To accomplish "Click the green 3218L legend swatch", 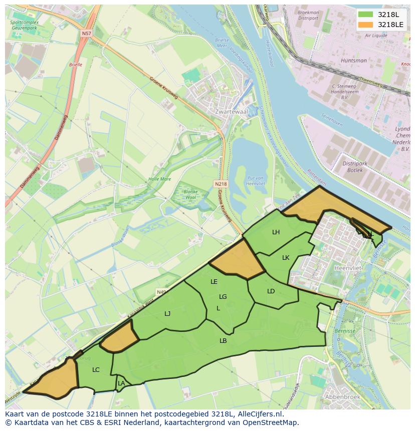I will tap(366, 15).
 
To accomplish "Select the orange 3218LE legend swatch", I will tap(366, 25).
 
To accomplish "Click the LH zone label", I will tap(276, 232).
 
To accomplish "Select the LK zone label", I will tap(286, 258).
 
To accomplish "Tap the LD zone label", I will tap(271, 291).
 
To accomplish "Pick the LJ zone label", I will tap(167, 313).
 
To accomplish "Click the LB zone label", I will tap(223, 340).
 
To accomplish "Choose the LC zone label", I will tap(96, 370).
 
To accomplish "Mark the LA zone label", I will tap(121, 383).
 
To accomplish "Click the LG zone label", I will tap(223, 296).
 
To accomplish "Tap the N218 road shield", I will tap(221, 184).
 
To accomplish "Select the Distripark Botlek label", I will tap(355, 167).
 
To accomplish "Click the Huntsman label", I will tap(353, 61).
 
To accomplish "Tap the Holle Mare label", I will tap(159, 179).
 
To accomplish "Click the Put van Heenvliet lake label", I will tap(256, 181).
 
